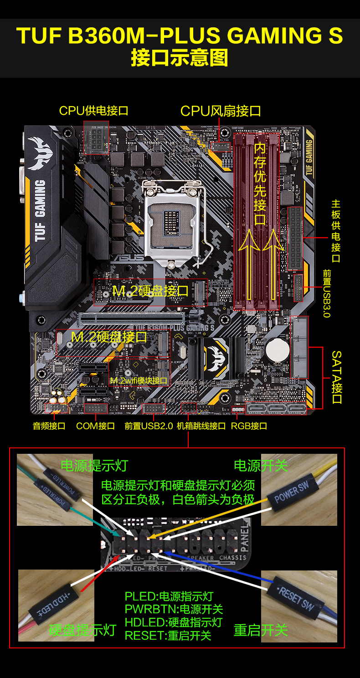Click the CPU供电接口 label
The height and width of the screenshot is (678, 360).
93,110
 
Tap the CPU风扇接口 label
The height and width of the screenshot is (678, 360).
221,111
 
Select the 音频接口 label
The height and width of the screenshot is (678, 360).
49,426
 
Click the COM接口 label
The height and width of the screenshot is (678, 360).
95,426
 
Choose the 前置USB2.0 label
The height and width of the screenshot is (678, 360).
149,426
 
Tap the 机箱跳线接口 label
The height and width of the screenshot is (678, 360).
201,426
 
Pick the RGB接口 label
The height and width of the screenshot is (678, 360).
249,426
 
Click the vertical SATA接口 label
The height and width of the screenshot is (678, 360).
336,377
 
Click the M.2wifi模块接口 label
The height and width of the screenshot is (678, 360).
139,380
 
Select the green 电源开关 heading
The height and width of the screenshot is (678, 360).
261,466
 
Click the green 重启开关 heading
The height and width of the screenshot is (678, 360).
261,630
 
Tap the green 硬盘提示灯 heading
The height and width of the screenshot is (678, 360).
82,630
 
